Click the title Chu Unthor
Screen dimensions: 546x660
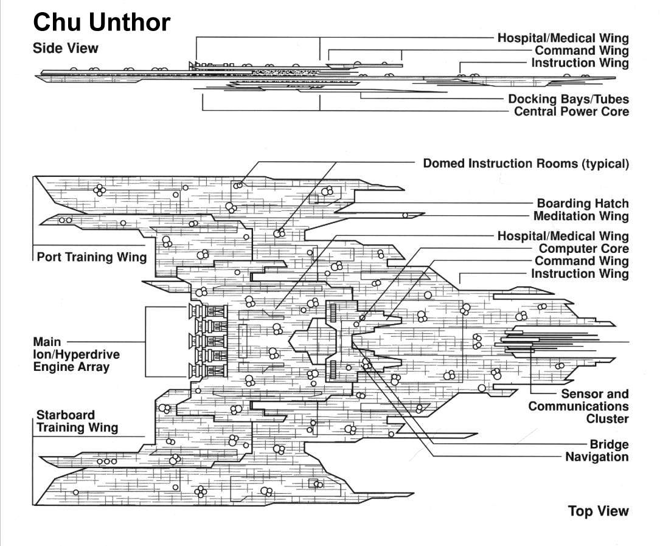tap(102, 23)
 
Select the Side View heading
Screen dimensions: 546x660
tap(66, 48)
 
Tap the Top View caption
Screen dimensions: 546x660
tap(599, 511)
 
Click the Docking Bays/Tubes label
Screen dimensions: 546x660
tap(569, 99)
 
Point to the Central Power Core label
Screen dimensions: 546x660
tap(571, 112)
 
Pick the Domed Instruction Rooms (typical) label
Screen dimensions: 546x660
tap(526, 164)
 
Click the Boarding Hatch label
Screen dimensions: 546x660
tap(583, 204)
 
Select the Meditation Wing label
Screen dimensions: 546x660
tap(581, 216)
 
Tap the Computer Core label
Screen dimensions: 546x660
tap(584, 249)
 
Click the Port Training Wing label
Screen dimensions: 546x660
tap(92, 257)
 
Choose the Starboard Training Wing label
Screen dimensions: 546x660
tap(77, 421)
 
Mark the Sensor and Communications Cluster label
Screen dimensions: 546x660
tap(578, 406)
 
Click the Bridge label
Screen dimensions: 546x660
tap(609, 444)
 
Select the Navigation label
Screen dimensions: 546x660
tap(597, 457)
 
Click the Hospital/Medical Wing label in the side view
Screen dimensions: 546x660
tap(563, 38)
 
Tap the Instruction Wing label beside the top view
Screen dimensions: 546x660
tap(580, 274)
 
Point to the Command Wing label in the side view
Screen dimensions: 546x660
tap(582, 51)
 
